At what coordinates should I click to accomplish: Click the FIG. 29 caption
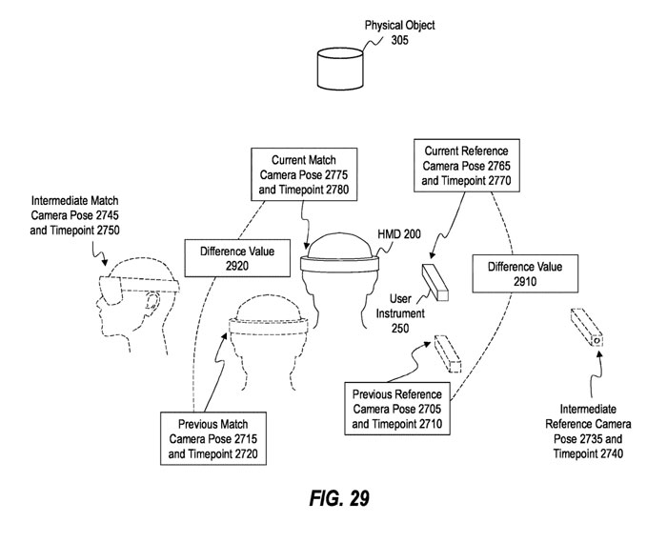click(333, 499)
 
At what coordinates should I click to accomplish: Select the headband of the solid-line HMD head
click(339, 267)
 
